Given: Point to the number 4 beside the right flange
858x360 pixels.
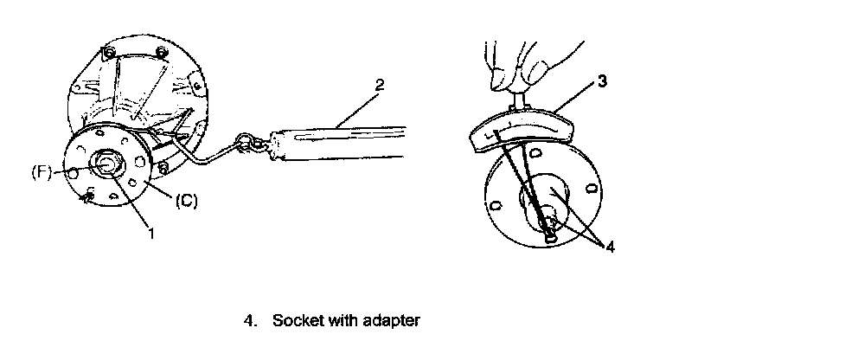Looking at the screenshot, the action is coord(611,247).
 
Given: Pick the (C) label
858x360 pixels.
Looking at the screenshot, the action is coord(186,201).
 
